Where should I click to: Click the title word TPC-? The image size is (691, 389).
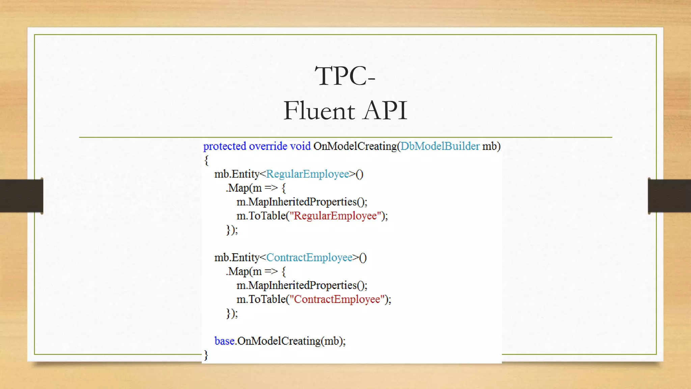point(345,76)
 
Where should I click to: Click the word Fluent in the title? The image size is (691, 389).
point(319,111)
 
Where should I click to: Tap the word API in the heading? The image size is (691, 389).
point(385,111)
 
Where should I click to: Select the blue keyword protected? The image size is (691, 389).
point(224,146)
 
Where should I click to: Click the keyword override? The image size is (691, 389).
point(268,146)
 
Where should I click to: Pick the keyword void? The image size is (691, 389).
point(300,146)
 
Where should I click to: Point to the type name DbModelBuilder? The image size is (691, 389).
point(440,146)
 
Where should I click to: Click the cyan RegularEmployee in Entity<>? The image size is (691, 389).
point(307,174)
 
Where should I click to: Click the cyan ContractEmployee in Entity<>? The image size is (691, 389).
point(309,258)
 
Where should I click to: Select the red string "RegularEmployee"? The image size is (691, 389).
point(335,216)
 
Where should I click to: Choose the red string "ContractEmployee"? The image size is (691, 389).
point(337,300)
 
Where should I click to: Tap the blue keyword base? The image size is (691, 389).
point(224,341)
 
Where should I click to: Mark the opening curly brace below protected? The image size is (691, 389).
point(206,160)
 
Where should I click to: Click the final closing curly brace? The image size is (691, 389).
point(206,355)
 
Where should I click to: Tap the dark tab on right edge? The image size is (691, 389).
point(669,196)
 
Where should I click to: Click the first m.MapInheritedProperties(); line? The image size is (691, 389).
point(302,202)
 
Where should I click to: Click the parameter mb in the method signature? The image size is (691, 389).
point(490,146)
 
